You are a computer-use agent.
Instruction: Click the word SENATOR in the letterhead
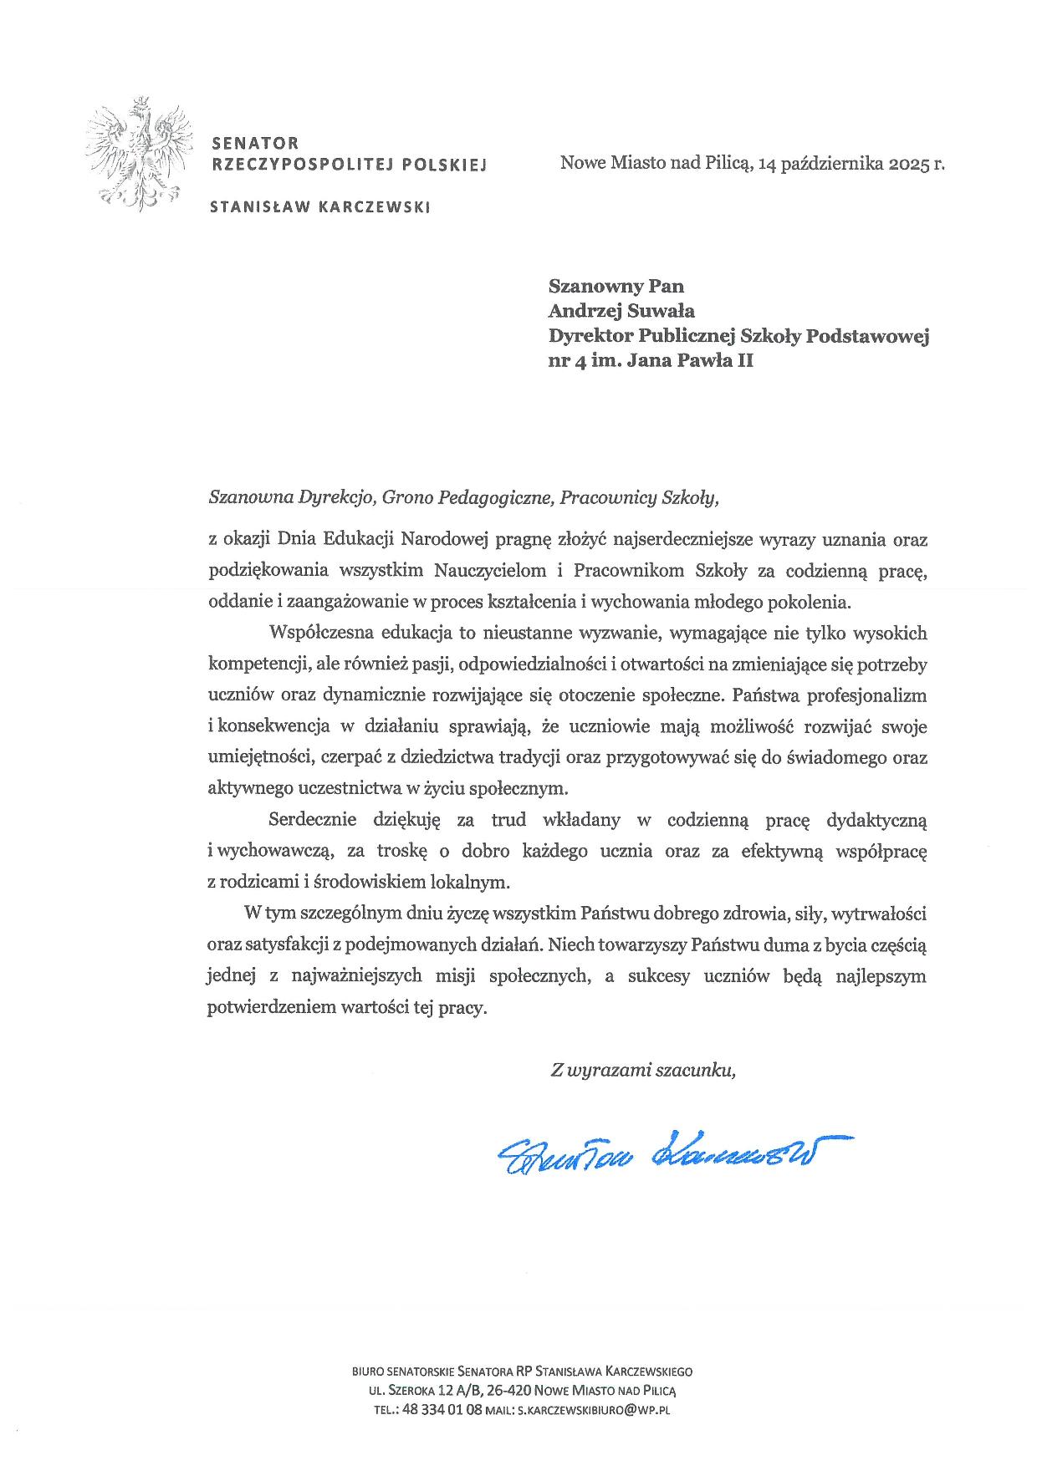[256, 144]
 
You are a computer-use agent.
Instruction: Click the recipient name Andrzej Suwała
[621, 311]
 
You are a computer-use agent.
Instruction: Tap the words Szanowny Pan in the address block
[616, 286]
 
